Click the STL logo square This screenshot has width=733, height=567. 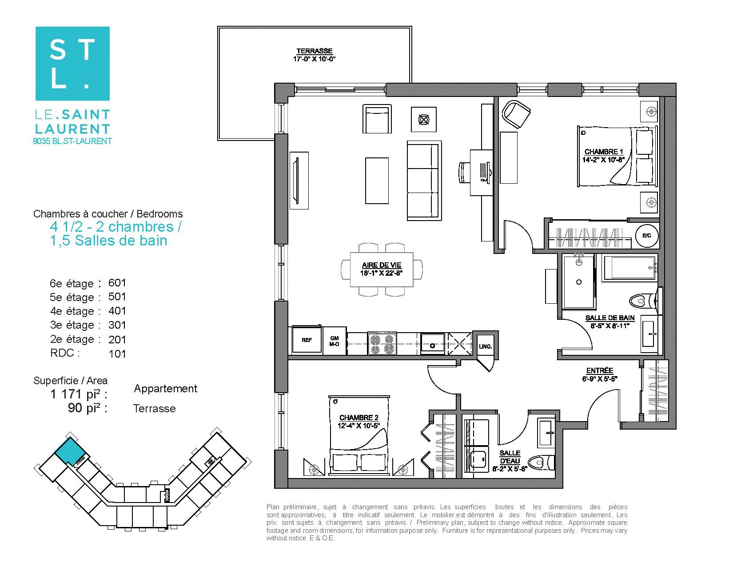72,63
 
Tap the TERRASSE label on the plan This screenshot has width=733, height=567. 314,51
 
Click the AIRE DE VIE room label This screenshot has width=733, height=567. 381,265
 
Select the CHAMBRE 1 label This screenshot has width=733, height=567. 601,152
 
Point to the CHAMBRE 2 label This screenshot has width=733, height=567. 359,418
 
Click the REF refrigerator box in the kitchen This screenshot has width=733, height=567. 307,340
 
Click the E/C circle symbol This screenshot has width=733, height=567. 646,235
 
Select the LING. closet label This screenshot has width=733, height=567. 485,346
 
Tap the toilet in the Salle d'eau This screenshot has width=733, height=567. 544,462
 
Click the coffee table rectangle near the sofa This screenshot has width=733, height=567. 377,180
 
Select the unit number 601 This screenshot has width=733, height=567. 117,283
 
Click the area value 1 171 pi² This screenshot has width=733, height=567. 79,394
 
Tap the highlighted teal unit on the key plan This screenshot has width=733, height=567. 69,451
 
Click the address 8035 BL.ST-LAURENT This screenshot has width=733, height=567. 72,141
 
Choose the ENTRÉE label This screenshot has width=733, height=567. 599,370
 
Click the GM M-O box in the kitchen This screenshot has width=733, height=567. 334,341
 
